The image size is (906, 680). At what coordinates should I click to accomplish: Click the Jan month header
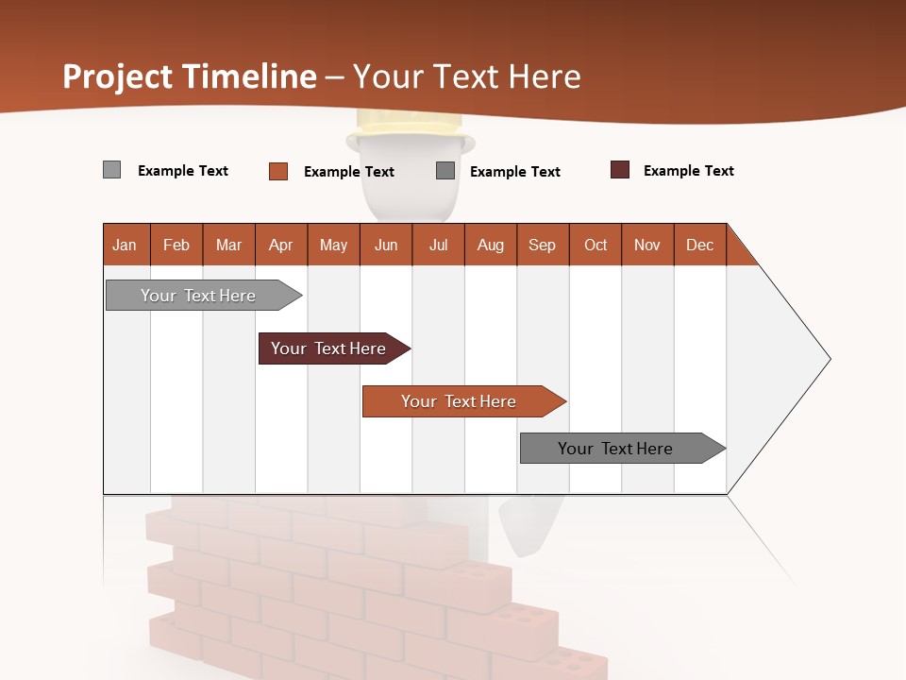point(126,245)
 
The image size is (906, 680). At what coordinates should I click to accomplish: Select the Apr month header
point(281,245)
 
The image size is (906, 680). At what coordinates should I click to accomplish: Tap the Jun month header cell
point(386,245)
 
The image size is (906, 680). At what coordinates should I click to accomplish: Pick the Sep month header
point(543,245)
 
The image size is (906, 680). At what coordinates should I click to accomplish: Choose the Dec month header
point(699,245)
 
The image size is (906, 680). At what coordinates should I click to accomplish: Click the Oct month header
point(596,245)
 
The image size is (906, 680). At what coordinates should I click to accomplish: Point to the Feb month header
point(176,245)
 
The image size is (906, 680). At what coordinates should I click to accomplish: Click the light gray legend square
point(111,170)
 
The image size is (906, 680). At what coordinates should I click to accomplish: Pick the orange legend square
point(278,171)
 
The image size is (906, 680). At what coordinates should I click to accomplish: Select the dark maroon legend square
point(620,170)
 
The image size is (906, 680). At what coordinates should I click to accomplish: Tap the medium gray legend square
point(445,171)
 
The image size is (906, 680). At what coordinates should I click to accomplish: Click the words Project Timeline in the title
point(190,76)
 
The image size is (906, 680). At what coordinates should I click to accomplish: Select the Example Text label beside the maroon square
point(688,171)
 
